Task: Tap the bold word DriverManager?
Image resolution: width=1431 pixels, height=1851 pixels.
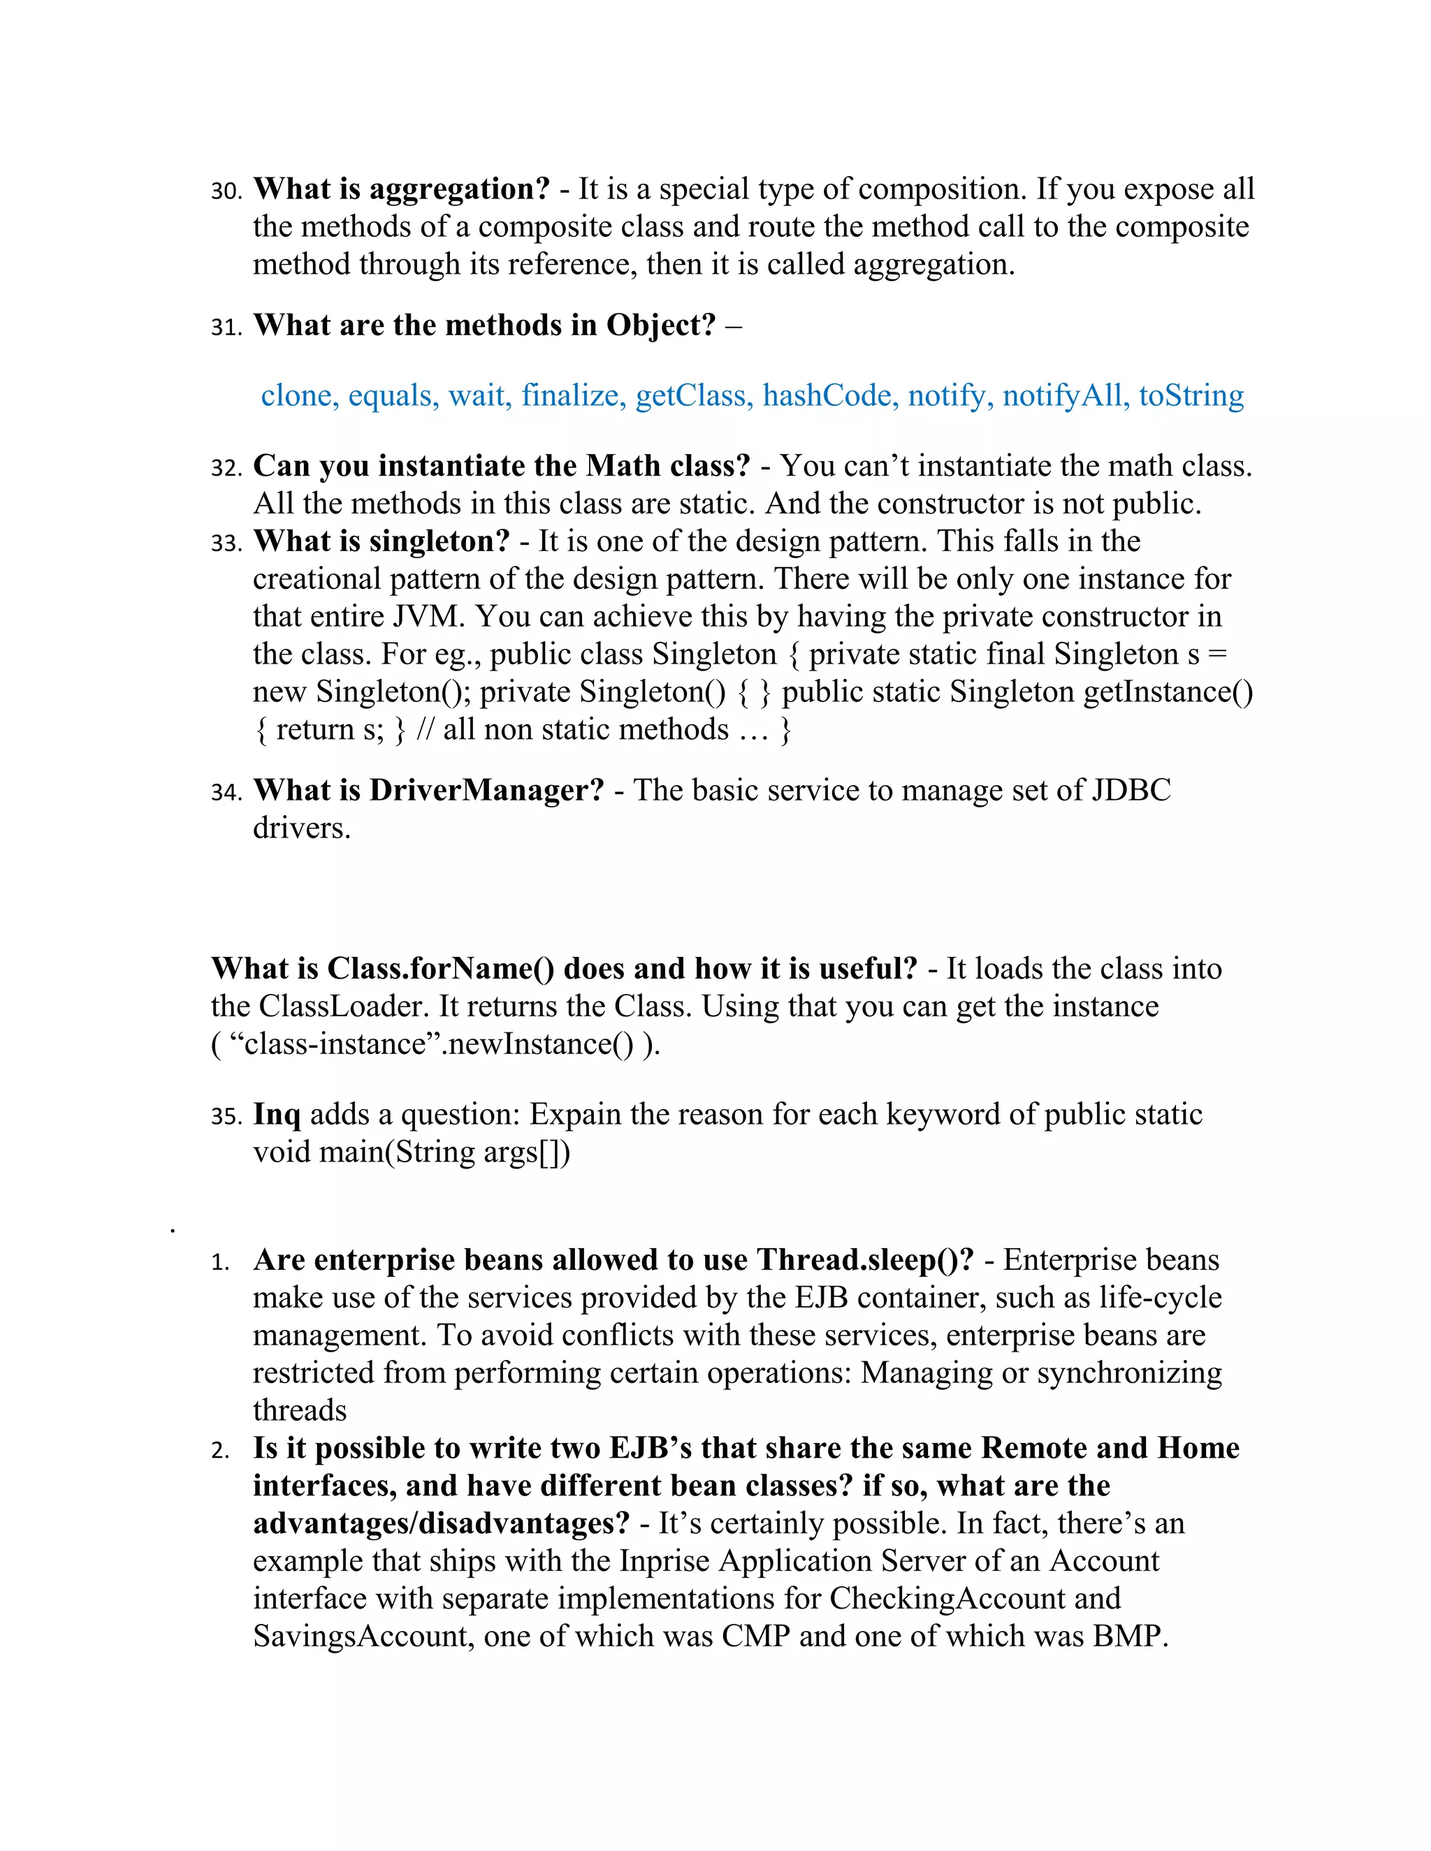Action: coord(486,790)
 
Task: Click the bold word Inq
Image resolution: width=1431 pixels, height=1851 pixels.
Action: coord(277,1115)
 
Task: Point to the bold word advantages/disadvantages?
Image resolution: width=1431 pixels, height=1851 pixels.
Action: coord(441,1523)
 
